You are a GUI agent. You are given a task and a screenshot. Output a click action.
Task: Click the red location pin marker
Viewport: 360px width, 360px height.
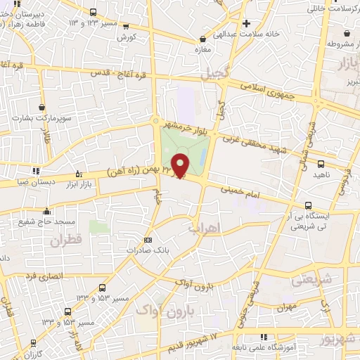(x=180, y=165)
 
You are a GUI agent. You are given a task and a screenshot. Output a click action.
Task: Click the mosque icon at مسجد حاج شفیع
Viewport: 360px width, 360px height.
(x=46, y=210)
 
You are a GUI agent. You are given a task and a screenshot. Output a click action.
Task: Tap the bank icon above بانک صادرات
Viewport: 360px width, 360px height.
(x=147, y=239)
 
